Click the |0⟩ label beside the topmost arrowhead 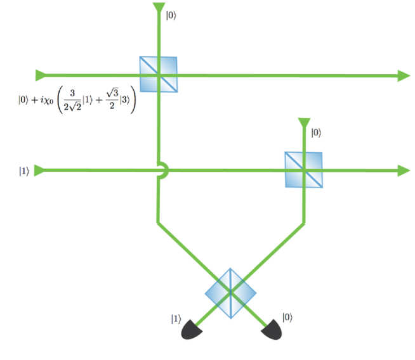click(x=171, y=15)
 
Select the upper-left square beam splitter click(x=158, y=74)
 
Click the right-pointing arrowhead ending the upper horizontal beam click(x=404, y=76)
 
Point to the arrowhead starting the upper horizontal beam click(x=41, y=75)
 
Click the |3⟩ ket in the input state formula click(x=124, y=100)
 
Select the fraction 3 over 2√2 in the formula click(x=72, y=100)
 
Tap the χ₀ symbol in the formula click(x=49, y=100)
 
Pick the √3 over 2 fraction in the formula click(x=112, y=99)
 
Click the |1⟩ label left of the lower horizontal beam click(x=24, y=171)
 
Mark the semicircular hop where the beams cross click(x=163, y=170)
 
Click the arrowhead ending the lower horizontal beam click(x=404, y=170)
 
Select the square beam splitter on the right click(x=303, y=170)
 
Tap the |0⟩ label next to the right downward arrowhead click(x=316, y=132)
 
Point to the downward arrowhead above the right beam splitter click(x=304, y=123)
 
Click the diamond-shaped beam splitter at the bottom click(x=230, y=293)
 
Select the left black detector click(x=192, y=330)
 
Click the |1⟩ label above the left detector click(x=176, y=319)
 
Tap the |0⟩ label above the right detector click(x=287, y=318)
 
